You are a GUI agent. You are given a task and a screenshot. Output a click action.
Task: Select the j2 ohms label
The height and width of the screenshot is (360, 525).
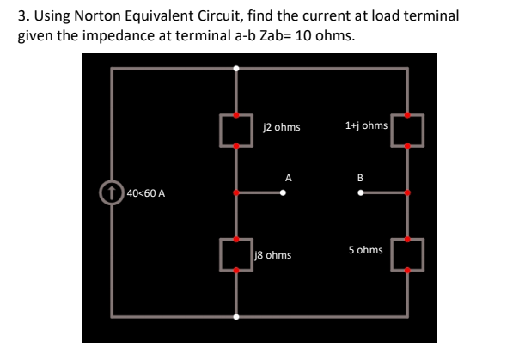281,127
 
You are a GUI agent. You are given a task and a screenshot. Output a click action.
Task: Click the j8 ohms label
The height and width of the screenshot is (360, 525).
274,255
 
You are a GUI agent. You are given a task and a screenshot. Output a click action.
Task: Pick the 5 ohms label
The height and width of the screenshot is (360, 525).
365,250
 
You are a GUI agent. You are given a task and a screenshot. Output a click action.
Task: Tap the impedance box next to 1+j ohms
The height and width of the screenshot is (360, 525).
407,128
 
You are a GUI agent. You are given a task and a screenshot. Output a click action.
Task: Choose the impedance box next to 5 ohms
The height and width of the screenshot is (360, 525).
407,254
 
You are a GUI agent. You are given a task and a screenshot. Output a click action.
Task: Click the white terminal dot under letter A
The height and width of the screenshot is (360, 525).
284,192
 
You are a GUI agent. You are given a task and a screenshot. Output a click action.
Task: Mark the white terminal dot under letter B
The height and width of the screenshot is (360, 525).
361,192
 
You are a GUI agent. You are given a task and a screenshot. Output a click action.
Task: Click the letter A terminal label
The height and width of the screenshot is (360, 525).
290,178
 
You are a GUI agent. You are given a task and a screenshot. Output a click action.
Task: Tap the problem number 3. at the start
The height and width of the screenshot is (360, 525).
24,15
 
